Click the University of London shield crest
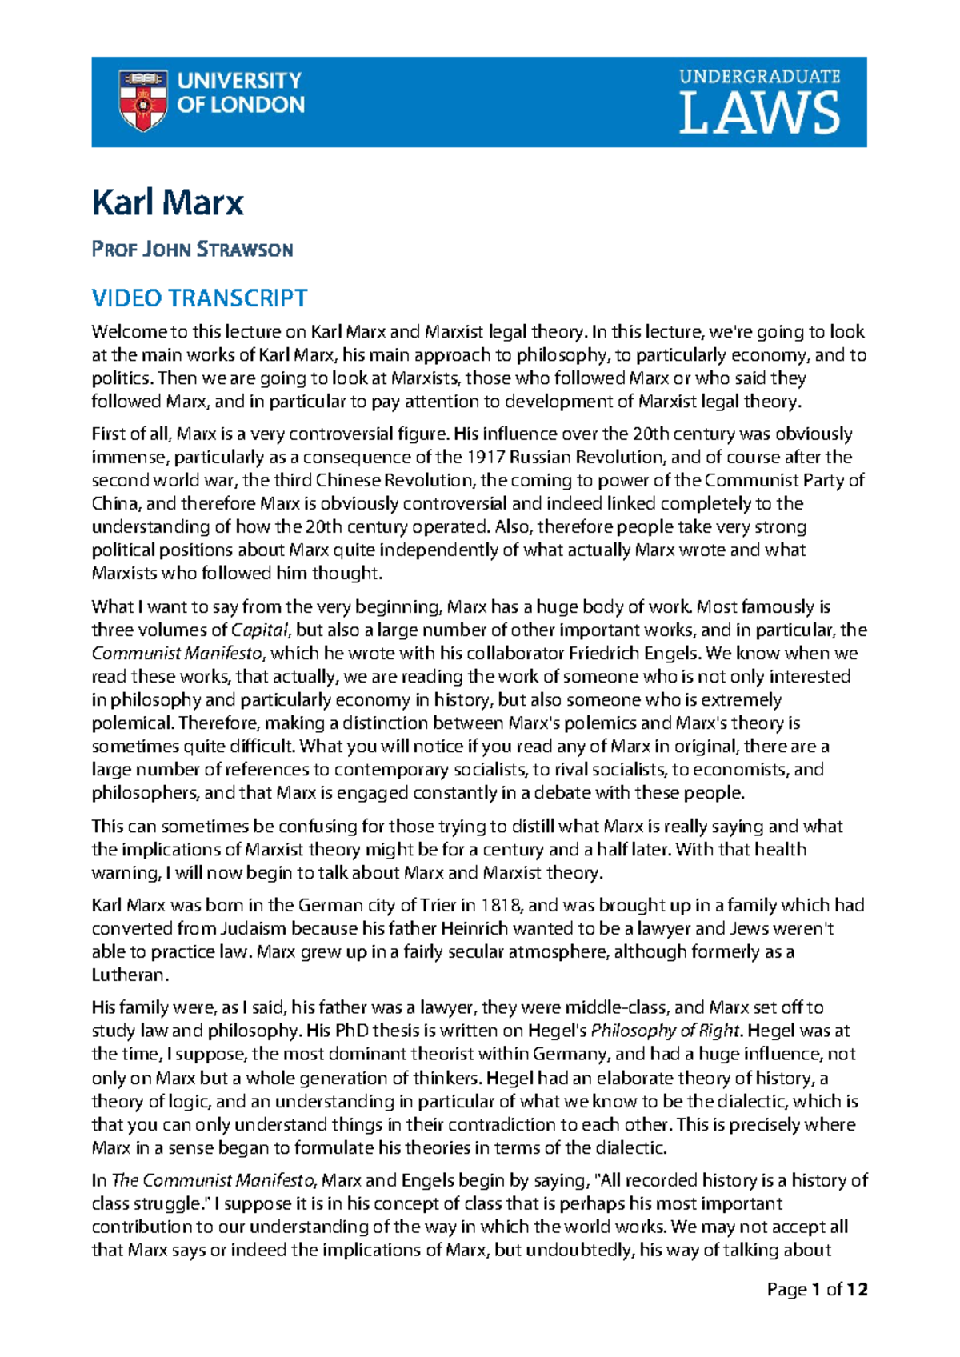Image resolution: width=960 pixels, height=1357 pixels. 142,100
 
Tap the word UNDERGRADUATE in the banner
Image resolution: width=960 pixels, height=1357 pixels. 759,77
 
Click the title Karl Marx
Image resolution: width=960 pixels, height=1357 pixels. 167,202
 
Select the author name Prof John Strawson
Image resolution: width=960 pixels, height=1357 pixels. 192,250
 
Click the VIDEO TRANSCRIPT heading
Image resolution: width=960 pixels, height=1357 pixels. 199,298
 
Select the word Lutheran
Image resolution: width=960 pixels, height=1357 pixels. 129,975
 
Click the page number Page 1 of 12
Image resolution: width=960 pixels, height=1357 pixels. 817,1290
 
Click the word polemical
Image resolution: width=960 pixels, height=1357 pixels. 131,723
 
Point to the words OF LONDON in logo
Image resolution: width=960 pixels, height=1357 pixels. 241,105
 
